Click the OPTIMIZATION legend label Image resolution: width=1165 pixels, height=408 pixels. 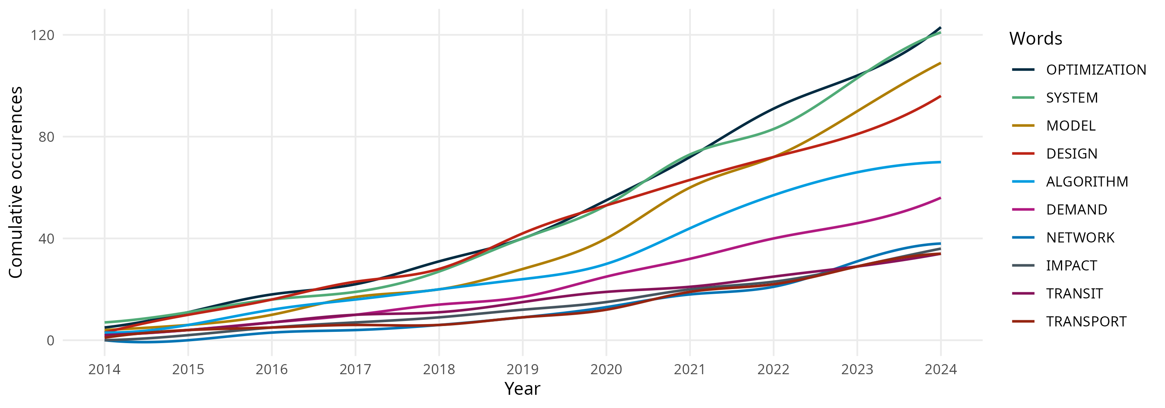[1096, 70]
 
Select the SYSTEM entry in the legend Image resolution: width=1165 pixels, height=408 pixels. [1072, 98]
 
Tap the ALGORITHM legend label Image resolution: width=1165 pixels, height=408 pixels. [1087, 181]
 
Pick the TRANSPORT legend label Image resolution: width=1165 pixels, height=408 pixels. [1086, 322]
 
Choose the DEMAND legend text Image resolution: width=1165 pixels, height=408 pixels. [1076, 209]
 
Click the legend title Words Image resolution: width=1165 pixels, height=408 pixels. [1036, 38]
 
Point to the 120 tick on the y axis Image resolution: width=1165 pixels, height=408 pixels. [42, 35]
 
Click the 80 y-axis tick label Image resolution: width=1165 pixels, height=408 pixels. [46, 137]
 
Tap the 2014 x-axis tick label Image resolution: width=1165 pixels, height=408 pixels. [104, 370]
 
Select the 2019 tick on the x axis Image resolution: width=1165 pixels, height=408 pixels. [522, 370]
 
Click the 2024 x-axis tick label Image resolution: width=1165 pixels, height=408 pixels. [941, 370]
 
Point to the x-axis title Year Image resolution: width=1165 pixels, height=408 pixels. [522, 389]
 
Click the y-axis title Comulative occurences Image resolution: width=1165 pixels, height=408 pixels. [16, 182]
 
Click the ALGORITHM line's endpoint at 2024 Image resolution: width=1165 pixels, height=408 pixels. [941, 162]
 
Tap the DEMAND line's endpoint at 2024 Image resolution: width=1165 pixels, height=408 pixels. [941, 198]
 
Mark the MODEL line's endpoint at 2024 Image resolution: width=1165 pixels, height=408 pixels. [941, 63]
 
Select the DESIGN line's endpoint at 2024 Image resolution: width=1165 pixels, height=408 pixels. [941, 96]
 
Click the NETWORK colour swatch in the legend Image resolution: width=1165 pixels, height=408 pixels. [1023, 237]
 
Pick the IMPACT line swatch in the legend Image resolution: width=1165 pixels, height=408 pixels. [1023, 265]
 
